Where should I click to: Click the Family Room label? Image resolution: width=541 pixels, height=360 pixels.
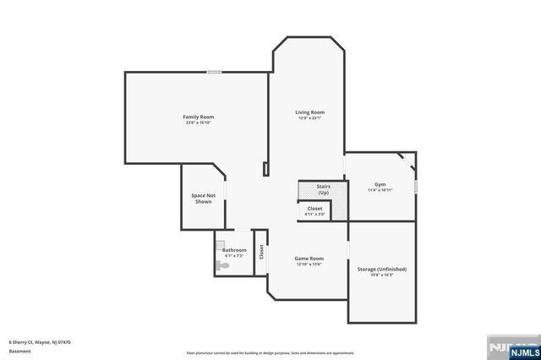pyautogui.click(x=199, y=117)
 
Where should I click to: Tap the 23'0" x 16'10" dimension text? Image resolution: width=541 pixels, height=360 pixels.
pyautogui.click(x=199, y=123)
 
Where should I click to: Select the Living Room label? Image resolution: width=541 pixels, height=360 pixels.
pyautogui.click(x=309, y=112)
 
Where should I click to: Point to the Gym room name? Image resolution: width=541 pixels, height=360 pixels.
pyautogui.click(x=380, y=184)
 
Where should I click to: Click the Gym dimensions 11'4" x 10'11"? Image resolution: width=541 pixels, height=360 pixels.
pyautogui.click(x=380, y=190)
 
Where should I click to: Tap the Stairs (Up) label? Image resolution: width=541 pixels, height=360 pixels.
pyautogui.click(x=323, y=189)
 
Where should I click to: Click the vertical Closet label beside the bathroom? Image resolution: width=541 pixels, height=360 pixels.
pyautogui.click(x=261, y=251)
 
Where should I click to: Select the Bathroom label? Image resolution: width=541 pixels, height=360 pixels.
pyautogui.click(x=234, y=250)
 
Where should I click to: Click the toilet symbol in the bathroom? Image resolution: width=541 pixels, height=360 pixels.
pyautogui.click(x=222, y=265)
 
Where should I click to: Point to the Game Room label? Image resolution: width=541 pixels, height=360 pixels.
pyautogui.click(x=309, y=259)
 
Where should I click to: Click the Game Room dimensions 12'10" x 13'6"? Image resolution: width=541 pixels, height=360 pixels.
pyautogui.click(x=309, y=265)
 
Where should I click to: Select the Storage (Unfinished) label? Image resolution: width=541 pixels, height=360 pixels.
pyautogui.click(x=382, y=269)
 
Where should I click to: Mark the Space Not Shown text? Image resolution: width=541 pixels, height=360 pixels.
pyautogui.click(x=203, y=199)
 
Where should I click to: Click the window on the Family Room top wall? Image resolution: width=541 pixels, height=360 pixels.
pyautogui.click(x=216, y=72)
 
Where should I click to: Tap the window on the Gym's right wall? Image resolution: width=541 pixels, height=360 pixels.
pyautogui.click(x=417, y=185)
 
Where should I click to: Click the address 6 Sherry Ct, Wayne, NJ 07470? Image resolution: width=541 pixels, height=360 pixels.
pyautogui.click(x=40, y=342)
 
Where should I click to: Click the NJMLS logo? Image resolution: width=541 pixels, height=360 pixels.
pyautogui.click(x=511, y=346)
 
